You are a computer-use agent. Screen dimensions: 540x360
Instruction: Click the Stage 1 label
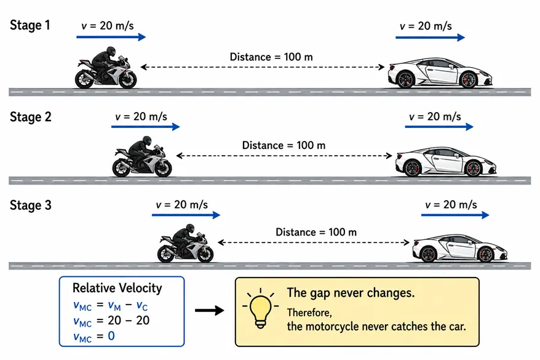pyautogui.click(x=30, y=25)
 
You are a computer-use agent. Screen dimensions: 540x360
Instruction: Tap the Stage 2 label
pyautogui.click(x=30, y=117)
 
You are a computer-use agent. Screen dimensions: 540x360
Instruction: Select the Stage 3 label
pyautogui.click(x=30, y=206)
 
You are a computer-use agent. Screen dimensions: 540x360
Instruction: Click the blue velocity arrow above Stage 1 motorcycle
pyautogui.click(x=111, y=37)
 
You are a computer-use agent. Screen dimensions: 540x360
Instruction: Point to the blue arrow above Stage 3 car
pyautogui.click(x=455, y=215)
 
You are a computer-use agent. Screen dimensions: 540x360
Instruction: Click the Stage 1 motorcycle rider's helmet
pyautogui.click(x=111, y=51)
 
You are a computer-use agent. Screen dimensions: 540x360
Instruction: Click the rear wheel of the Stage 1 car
pyautogui.click(x=405, y=80)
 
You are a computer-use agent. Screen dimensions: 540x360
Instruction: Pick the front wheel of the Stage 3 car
pyautogui.click(x=486, y=255)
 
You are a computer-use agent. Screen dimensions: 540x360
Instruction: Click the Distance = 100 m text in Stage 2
pyautogui.click(x=284, y=145)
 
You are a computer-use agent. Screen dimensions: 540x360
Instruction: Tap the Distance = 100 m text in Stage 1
pyautogui.click(x=271, y=57)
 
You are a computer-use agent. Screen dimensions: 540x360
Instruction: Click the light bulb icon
pyautogui.click(x=261, y=308)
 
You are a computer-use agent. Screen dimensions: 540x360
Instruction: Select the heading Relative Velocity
pyautogui.click(x=117, y=288)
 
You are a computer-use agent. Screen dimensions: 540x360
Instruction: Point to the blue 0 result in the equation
pyautogui.click(x=111, y=336)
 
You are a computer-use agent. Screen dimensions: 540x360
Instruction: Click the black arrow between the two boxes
pyautogui.click(x=209, y=310)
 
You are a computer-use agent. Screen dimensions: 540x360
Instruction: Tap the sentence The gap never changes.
pyautogui.click(x=351, y=293)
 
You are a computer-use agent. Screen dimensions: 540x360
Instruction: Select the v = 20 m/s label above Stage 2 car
pyautogui.click(x=435, y=117)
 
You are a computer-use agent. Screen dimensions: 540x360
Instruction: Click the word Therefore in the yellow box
pyautogui.click(x=309, y=313)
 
